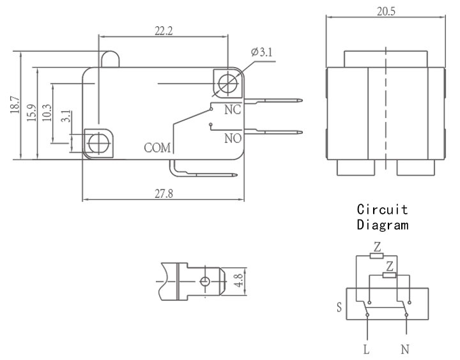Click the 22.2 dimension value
[164, 31]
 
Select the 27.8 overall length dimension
[164, 193]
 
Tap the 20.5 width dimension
[386, 11]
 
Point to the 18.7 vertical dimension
[15, 105]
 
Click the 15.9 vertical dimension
[32, 113]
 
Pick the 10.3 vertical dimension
[47, 113]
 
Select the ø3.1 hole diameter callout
[262, 52]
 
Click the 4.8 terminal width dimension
[238, 280]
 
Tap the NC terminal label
[233, 110]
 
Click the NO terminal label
[233, 139]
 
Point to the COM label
[157, 147]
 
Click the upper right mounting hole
[228, 83]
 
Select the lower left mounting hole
[98, 144]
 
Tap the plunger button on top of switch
[110, 59]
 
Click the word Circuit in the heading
[383, 209]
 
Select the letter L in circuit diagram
[366, 349]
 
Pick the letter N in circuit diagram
[405, 349]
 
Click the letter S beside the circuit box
[339, 307]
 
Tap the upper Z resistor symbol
[376, 256]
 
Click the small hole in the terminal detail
[205, 281]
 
